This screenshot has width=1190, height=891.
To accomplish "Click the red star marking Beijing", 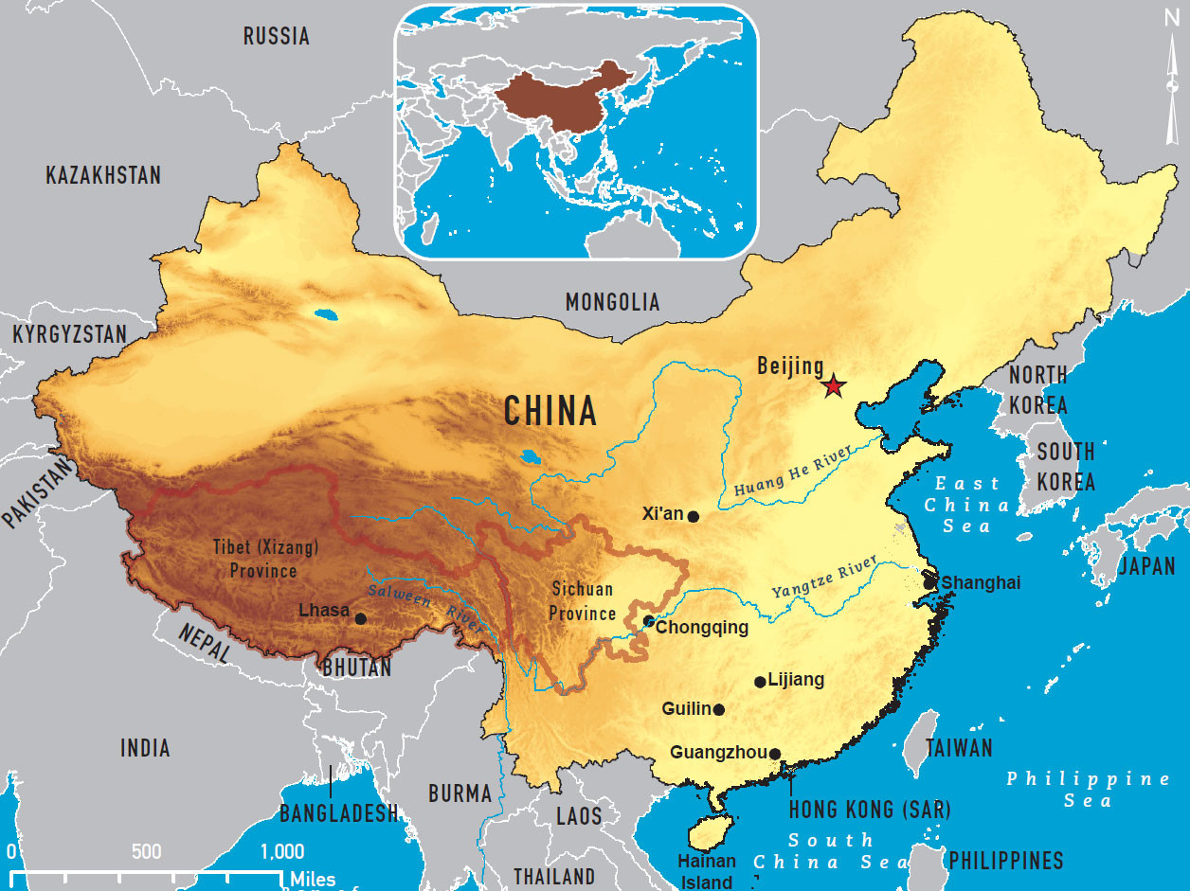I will pos(833,385).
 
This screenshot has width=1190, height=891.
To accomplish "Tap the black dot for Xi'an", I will pos(694,517).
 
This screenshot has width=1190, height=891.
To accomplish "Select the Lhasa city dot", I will pos(360,619).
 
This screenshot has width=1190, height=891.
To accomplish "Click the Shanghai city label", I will pos(982,582).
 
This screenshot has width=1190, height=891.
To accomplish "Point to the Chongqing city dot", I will pos(648,621).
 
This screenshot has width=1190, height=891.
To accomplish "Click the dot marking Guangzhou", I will pos(775,755).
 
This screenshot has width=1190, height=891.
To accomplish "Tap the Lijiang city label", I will pos(796,680).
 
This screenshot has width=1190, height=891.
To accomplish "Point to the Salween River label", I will pos(427,605).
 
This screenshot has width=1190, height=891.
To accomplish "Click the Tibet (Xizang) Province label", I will pos(254,559).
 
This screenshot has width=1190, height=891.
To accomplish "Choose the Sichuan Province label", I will pos(582,601).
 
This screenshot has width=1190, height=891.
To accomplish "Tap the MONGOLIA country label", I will pos(612,302).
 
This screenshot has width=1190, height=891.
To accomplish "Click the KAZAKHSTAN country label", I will pos(103,175).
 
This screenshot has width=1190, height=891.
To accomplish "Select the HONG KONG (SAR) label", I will pos(870,810).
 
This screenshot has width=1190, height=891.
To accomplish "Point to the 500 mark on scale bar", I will pos(147,851).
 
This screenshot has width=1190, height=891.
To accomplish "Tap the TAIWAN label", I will pos(959,748).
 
